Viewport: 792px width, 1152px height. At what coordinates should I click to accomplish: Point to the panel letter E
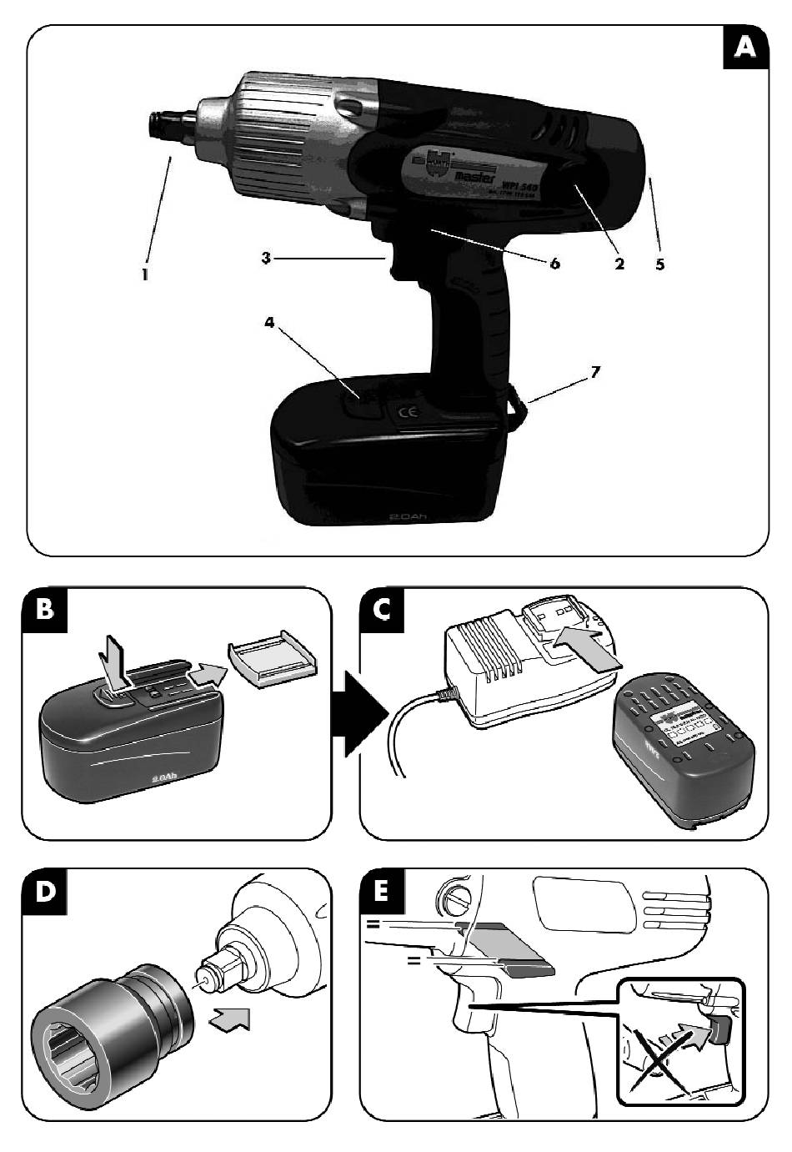click(x=383, y=892)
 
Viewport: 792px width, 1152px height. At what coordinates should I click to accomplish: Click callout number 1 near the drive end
click(x=145, y=273)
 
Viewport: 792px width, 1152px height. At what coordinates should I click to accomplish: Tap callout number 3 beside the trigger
click(x=266, y=259)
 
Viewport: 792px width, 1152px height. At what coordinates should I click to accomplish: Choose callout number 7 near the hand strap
click(x=594, y=372)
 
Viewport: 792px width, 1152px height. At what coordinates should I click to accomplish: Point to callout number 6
click(x=554, y=264)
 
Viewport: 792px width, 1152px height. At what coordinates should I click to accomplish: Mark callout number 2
click(x=619, y=264)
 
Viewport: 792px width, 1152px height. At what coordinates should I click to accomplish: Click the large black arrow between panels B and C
click(x=359, y=714)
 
